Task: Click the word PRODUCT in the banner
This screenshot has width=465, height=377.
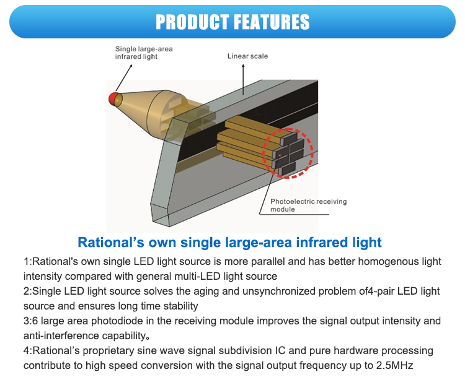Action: pos(192,22)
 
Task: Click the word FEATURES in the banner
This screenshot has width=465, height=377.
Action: pos(271,22)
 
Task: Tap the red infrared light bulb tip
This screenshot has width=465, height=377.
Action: pos(113,98)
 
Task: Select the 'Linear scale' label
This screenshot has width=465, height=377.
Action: pos(247,56)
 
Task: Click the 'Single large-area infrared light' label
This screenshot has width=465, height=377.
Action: pos(136,53)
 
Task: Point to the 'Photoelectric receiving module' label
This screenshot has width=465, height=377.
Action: pos(308,206)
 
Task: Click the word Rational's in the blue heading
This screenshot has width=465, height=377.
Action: pos(110,242)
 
